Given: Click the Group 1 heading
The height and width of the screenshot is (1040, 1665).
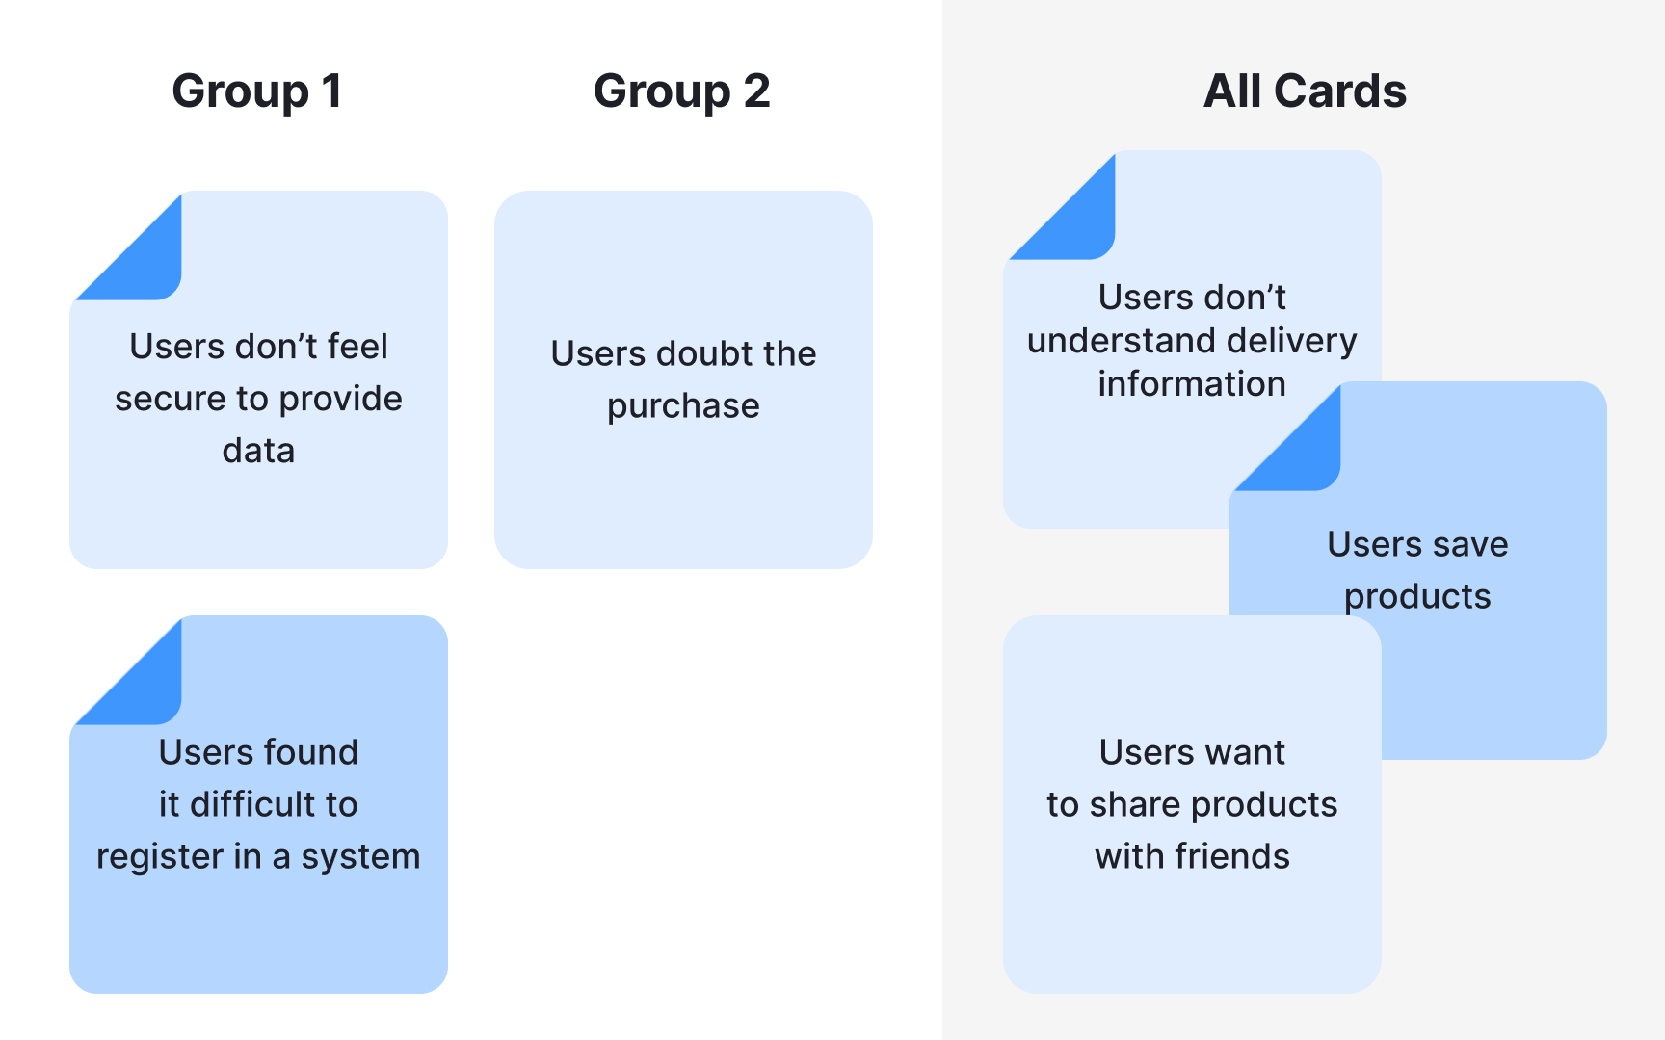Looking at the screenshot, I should (257, 91).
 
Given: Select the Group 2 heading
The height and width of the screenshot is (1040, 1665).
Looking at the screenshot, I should (681, 91).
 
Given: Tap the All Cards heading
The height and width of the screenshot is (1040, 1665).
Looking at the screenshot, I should (1305, 91).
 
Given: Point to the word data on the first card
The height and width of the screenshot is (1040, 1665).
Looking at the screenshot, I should (258, 451).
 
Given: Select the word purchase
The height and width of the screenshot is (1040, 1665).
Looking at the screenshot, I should (683, 406).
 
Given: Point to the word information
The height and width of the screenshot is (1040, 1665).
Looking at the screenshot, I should (1192, 384).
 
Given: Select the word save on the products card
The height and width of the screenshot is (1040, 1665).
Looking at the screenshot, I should (1462, 545).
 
